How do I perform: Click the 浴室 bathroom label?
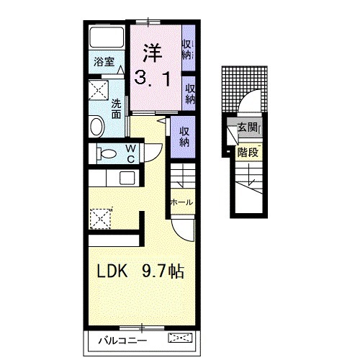104,62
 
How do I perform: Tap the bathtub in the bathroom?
107,37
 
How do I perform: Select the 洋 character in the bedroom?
153,53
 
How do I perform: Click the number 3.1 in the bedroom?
152,78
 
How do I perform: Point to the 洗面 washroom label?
116,109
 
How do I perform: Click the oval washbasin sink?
97,127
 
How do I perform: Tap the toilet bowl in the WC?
107,153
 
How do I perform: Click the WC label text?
131,153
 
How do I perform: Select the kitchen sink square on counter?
127,178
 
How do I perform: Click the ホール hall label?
181,202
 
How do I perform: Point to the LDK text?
112,271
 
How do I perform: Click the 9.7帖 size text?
163,271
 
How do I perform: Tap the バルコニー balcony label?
122,341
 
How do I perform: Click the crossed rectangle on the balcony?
181,338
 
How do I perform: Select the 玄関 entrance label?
247,127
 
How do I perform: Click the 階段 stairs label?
248,152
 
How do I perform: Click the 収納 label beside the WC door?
184,137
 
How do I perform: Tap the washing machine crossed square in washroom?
99,90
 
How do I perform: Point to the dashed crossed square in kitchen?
100,219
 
